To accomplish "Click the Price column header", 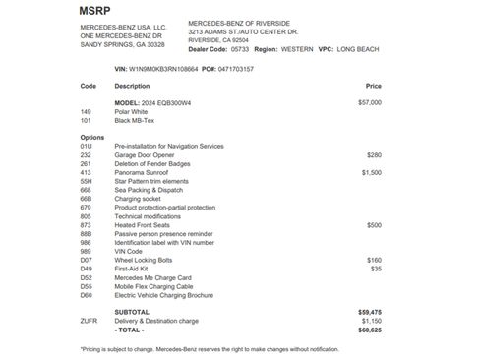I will [373, 86].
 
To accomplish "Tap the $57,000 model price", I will [370, 101].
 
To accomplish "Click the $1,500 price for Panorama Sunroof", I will [371, 172].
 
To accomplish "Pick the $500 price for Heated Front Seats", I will [374, 225].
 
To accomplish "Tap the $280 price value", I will [374, 154].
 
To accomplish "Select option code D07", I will [87, 260].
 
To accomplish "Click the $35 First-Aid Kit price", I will [376, 269].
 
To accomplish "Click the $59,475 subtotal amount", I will [370, 311].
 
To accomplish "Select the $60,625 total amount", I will [370, 329].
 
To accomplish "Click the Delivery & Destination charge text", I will [157, 320].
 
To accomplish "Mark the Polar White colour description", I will [133, 111].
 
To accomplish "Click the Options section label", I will [91, 137].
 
